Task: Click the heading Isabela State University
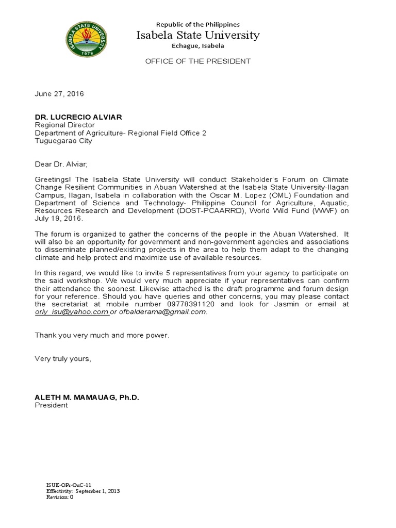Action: pyautogui.click(x=198, y=35)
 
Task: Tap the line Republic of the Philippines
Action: pyautogui.click(x=198, y=24)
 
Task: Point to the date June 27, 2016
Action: pyautogui.click(x=59, y=94)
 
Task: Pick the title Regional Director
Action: pyautogui.click(x=64, y=125)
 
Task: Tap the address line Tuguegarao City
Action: pyautogui.click(x=63, y=141)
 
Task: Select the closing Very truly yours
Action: pyautogui.click(x=63, y=358)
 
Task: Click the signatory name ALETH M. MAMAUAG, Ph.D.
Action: pyautogui.click(x=87, y=398)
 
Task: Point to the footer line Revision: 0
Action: pyautogui.click(x=60, y=497)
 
